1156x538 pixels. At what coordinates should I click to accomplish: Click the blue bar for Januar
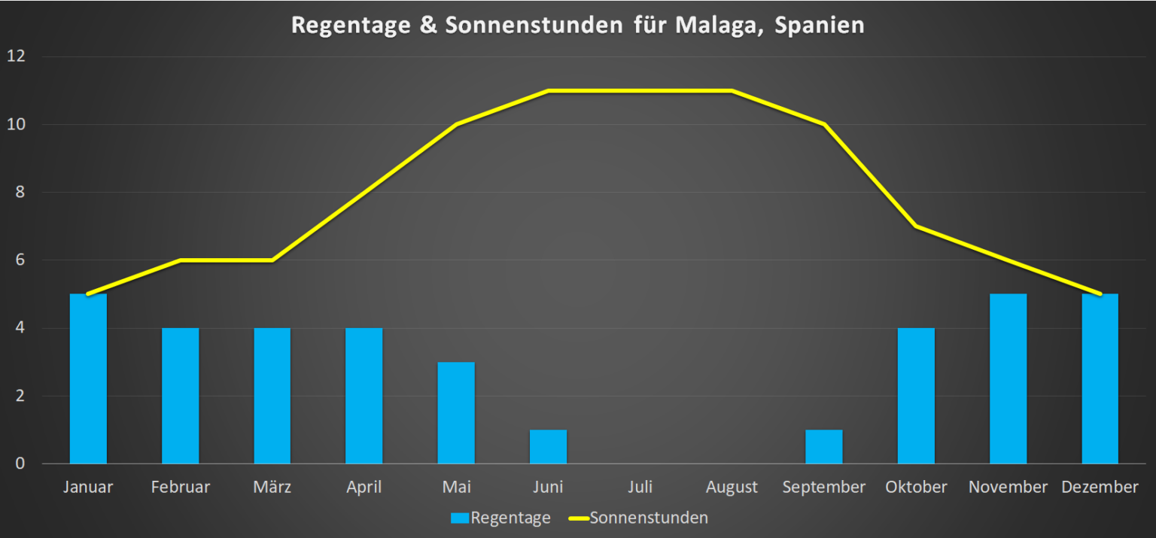pos(88,378)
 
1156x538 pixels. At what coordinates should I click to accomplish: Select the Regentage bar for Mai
pos(456,412)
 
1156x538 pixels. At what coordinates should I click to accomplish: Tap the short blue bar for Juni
pos(548,446)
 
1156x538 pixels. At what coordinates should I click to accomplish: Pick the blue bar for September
pos(823,446)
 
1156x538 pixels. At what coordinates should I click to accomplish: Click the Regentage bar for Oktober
pos(916,395)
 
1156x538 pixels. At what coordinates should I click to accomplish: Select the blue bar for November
pos(1008,378)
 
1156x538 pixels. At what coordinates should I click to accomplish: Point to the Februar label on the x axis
pos(181,487)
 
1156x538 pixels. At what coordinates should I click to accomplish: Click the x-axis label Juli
pos(640,487)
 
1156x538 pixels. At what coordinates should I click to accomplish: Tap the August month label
pos(732,487)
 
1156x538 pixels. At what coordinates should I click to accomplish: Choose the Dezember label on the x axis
pos(1100,487)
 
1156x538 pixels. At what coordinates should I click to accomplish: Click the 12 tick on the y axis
pos(17,56)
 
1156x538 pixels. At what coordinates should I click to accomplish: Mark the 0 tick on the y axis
pos(20,464)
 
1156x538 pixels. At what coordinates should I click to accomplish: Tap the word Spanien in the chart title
pos(821,26)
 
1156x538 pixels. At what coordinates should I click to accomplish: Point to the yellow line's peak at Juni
pos(548,91)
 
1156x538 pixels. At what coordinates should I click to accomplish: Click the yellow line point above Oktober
pos(916,226)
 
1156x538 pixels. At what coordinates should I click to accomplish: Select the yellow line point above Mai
pos(456,125)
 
